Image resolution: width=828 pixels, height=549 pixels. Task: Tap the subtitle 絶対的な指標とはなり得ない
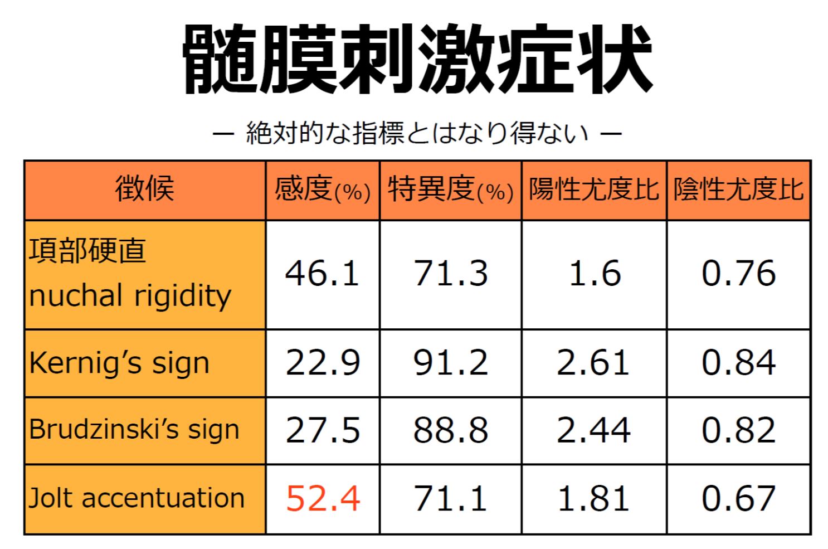[417, 133]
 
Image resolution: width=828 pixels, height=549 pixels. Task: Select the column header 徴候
[145, 190]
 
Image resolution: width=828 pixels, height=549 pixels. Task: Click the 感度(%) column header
[323, 190]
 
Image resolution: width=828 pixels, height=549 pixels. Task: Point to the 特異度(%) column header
[450, 190]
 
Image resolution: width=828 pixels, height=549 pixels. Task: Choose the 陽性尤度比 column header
[594, 190]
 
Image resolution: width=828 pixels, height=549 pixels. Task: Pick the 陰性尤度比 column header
[738, 190]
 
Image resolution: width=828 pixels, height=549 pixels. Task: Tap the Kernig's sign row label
[119, 363]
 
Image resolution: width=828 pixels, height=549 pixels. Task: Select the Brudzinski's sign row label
[134, 430]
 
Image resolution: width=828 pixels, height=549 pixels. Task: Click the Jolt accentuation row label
[137, 498]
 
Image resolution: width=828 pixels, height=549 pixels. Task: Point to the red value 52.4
[323, 498]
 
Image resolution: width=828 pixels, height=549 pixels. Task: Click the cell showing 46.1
[322, 274]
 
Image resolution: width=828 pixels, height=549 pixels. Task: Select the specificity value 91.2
[450, 363]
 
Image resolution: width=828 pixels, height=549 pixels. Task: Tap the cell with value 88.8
[450, 430]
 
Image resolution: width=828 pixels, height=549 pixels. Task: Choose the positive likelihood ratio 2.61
[593, 363]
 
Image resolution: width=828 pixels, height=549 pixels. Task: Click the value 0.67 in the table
[738, 498]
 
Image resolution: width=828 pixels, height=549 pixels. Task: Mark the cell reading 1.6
[595, 274]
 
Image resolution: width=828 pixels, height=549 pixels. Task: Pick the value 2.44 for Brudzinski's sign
[593, 430]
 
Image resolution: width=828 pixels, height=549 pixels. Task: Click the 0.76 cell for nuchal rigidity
[738, 274]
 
